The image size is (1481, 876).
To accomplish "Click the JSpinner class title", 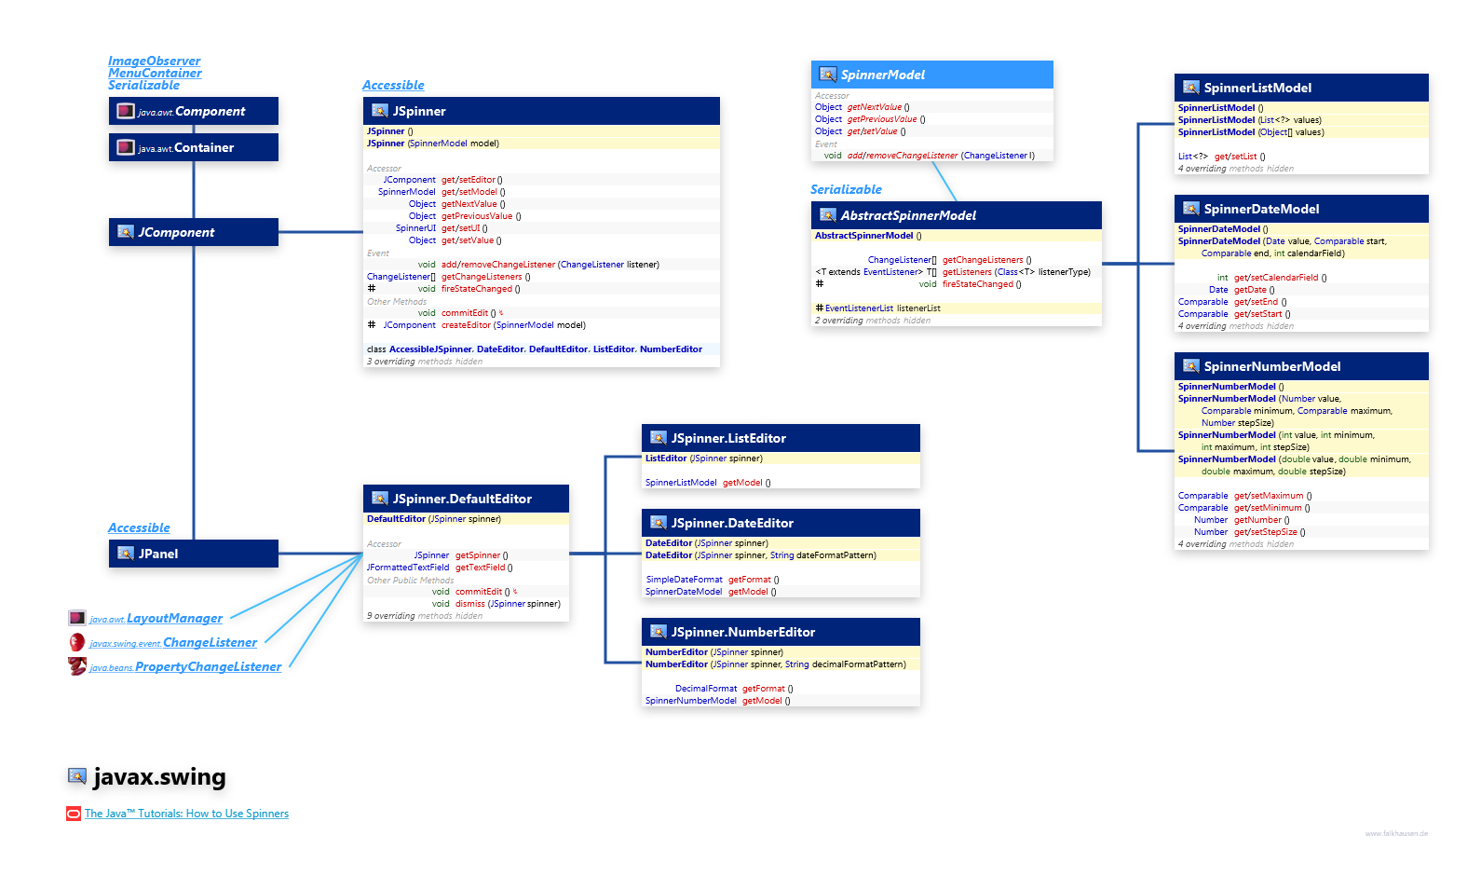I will tap(419, 111).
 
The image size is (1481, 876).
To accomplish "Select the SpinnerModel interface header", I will tap(882, 75).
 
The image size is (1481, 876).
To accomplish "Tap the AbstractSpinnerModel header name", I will tap(908, 215).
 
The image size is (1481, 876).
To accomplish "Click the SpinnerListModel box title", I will tap(1257, 88).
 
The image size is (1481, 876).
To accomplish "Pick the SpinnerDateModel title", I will tap(1261, 209).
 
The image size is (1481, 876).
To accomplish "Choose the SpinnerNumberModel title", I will tap(1271, 366).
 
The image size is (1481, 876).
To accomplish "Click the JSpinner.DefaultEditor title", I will tap(462, 499).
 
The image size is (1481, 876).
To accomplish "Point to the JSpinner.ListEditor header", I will tap(728, 438).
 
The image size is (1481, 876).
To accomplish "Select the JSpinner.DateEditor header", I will tap(732, 523).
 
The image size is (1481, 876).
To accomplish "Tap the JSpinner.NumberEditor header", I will tap(742, 632).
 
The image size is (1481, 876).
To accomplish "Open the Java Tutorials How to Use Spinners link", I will tap(186, 814).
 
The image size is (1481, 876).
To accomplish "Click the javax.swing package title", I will tap(159, 777).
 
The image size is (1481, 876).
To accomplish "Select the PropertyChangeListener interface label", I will tap(207, 666).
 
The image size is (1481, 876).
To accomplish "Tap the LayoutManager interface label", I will tap(174, 618).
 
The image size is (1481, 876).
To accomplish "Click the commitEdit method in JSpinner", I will tap(465, 313).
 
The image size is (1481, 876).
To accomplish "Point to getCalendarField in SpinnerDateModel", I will tap(1275, 278).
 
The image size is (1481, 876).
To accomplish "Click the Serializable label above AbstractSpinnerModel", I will tap(846, 189).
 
